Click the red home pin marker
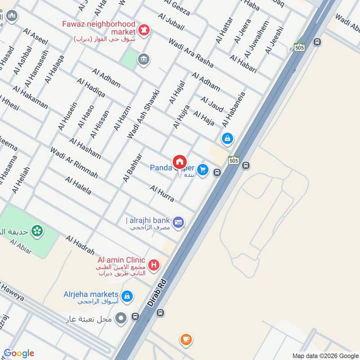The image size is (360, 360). click(x=179, y=162)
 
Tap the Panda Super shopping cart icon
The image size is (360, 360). click(x=202, y=169)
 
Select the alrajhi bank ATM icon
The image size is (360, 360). click(x=179, y=222)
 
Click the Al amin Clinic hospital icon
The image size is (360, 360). click(x=154, y=265)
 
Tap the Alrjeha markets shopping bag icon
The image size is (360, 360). click(x=127, y=296)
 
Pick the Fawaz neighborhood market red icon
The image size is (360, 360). click(x=145, y=30)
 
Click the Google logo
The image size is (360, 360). click(x=19, y=353)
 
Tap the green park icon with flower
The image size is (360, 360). click(x=37, y=231)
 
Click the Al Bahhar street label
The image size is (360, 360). click(x=132, y=167)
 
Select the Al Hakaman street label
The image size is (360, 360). click(x=30, y=97)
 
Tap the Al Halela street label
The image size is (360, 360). click(x=78, y=185)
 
